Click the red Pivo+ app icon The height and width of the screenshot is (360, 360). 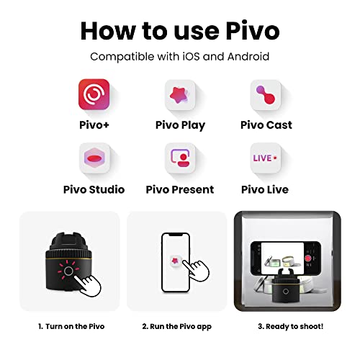94,94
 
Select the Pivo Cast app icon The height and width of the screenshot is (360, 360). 266,95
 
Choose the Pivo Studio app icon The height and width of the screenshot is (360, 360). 94,158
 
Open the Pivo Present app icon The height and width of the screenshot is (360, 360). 180,158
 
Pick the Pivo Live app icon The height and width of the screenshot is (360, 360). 266,158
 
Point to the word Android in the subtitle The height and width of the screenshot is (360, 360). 248,57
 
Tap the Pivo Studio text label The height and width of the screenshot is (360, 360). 94,189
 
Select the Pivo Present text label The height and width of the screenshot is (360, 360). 180,189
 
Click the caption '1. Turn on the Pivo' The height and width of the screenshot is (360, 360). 71,326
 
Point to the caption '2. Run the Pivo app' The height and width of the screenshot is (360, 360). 176,327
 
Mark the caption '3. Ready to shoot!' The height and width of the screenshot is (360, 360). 291,326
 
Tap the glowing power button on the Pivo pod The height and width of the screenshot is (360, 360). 68,271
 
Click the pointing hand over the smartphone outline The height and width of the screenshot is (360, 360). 197,271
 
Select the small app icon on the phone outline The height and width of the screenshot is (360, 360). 176,261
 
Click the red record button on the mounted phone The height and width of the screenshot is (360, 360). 308,258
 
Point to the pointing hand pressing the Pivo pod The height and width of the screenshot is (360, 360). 88,286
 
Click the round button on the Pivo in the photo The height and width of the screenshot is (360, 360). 286,292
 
